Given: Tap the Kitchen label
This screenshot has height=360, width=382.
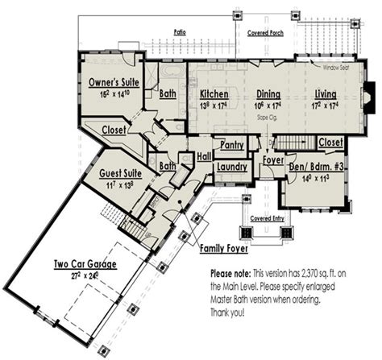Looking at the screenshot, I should (x=214, y=93).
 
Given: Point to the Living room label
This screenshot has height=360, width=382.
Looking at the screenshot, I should (x=325, y=93).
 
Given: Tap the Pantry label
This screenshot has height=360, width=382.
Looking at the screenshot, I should (x=232, y=145).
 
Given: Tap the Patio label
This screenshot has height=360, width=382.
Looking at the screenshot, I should (x=182, y=32).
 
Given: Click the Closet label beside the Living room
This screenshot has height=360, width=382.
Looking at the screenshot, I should (x=330, y=143).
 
